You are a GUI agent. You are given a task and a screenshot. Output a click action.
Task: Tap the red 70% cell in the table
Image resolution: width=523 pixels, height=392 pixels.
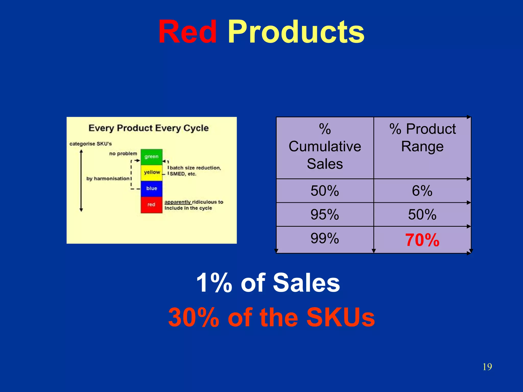422,240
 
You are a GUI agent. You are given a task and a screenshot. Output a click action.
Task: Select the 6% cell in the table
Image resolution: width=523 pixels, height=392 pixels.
422,191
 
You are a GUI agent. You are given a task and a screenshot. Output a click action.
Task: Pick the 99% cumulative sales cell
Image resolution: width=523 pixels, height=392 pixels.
325,238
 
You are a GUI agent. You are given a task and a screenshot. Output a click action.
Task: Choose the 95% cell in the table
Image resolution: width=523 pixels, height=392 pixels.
325,214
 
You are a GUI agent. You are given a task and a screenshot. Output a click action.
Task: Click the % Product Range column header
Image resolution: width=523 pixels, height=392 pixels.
422,137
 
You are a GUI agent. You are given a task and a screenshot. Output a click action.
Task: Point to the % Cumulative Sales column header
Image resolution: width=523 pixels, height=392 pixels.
325,146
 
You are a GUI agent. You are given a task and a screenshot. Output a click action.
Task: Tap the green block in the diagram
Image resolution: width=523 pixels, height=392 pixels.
151,157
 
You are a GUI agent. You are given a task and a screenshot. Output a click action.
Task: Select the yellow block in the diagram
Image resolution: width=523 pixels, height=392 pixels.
151,172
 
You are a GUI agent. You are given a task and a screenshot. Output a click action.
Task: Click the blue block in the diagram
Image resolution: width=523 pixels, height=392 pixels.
151,189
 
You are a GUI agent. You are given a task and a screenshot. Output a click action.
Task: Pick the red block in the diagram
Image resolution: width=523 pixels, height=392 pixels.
151,204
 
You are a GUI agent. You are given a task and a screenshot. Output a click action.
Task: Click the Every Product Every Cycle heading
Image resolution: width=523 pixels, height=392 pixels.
149,128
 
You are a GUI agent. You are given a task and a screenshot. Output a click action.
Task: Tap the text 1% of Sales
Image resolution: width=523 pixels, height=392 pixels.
268,283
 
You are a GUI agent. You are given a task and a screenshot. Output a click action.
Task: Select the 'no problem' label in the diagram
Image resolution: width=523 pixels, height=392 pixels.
123,154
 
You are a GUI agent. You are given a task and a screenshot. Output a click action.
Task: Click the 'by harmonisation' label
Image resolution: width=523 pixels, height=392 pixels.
108,179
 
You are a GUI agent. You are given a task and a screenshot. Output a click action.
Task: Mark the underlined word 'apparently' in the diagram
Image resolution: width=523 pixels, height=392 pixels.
178,202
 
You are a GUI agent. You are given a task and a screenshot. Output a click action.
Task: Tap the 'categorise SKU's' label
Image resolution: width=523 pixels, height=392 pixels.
91,144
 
